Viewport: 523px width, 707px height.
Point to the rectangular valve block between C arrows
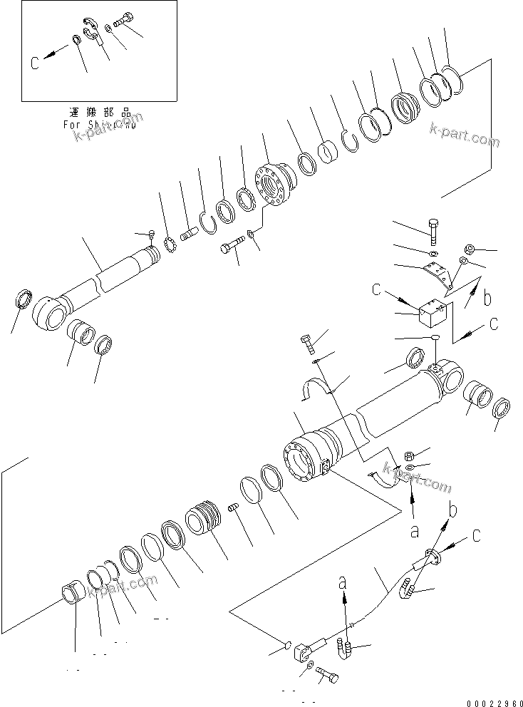click(x=431, y=314)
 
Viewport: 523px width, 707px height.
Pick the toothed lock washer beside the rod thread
click(x=170, y=244)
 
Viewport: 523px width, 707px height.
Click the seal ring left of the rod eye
click(x=22, y=297)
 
